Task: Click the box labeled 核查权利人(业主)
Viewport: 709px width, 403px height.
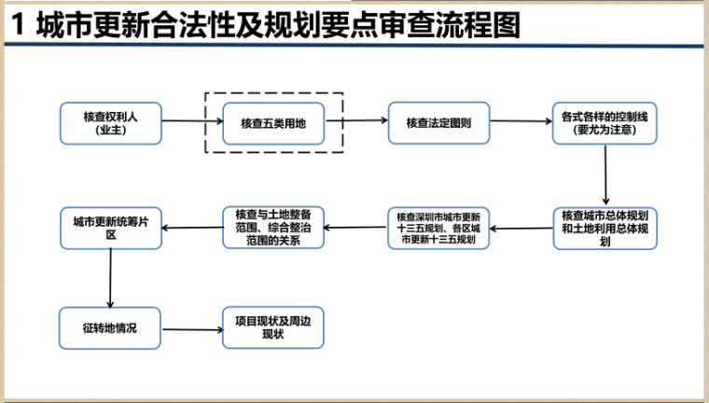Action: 110,123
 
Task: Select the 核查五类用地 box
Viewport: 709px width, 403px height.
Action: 273,123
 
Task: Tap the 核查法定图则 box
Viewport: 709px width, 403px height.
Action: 438,123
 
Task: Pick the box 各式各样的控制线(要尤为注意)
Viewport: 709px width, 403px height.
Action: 604,123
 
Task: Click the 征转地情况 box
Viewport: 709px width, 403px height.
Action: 110,328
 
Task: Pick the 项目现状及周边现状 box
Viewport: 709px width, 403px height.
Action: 273,327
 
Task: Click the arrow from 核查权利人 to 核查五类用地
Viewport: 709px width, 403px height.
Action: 192,123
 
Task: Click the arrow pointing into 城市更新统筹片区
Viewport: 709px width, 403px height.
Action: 191,225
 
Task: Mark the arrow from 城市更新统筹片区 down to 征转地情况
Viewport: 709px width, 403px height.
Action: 111,278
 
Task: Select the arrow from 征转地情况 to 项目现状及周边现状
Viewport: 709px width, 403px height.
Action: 191,328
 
